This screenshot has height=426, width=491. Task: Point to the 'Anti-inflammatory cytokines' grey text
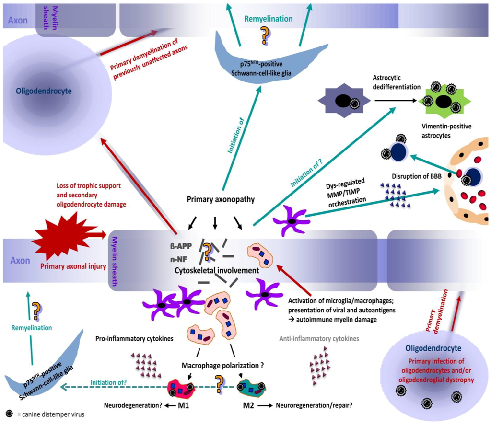click(x=319, y=339)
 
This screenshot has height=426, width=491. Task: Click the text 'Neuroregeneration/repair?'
click(x=314, y=405)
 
